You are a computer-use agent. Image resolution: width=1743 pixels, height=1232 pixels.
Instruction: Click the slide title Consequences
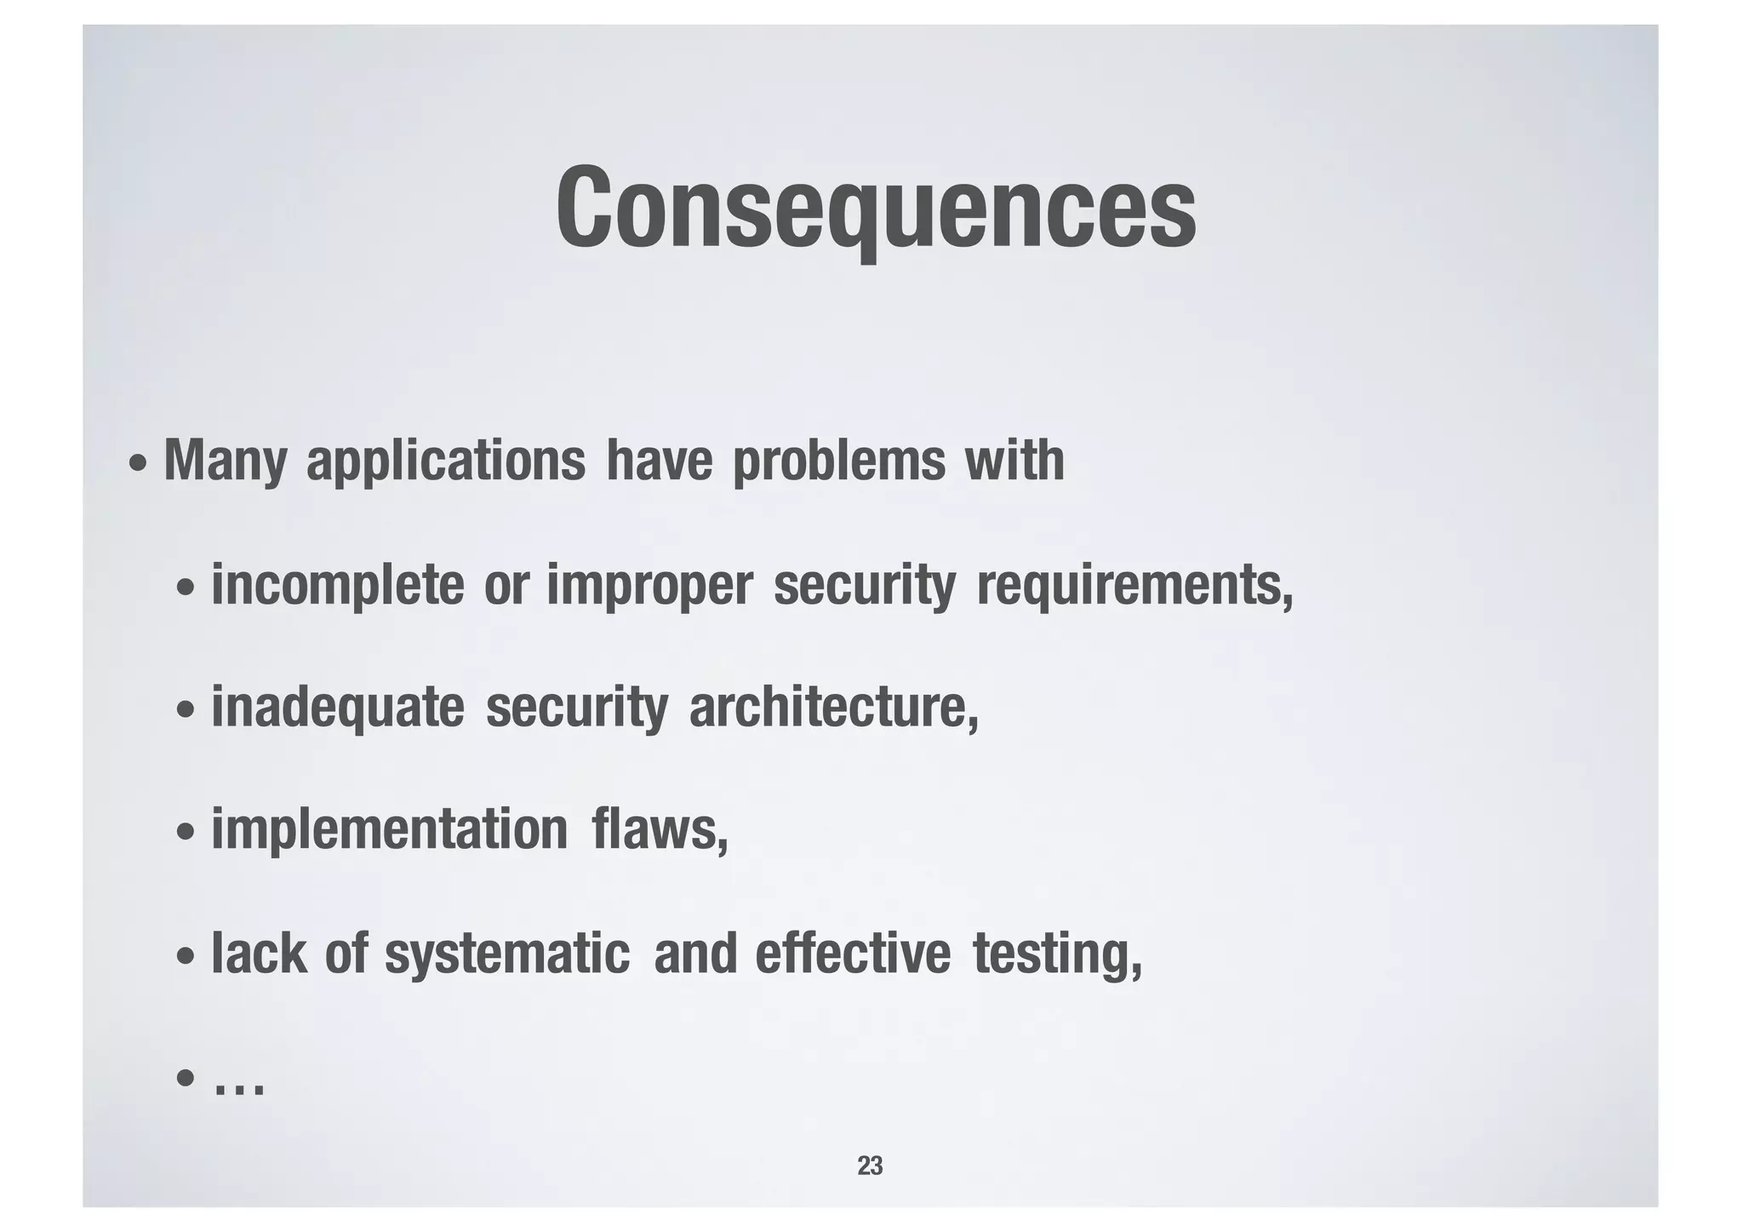pos(876,208)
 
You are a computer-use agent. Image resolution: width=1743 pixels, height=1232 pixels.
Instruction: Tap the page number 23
pos(870,1166)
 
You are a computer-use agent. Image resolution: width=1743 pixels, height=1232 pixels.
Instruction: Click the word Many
pos(225,461)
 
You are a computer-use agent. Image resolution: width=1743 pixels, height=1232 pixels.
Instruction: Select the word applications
pos(446,461)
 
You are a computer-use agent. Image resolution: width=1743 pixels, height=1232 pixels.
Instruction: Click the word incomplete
pos(338,585)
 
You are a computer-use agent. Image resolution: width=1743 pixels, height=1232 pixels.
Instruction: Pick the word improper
pos(649,587)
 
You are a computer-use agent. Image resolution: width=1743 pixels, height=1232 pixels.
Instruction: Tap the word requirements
pos(1134,585)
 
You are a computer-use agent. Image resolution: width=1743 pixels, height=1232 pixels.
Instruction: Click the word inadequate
pos(338,708)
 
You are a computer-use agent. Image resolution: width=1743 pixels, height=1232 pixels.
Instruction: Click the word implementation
pos(389,829)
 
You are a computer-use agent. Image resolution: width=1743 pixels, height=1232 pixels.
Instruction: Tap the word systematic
pos(507,954)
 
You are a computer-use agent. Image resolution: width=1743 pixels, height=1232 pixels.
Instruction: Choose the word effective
pos(853,953)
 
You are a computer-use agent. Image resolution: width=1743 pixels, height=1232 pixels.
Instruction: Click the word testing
pos(1057,954)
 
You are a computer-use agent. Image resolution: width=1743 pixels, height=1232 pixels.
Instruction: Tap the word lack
pos(259,953)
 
